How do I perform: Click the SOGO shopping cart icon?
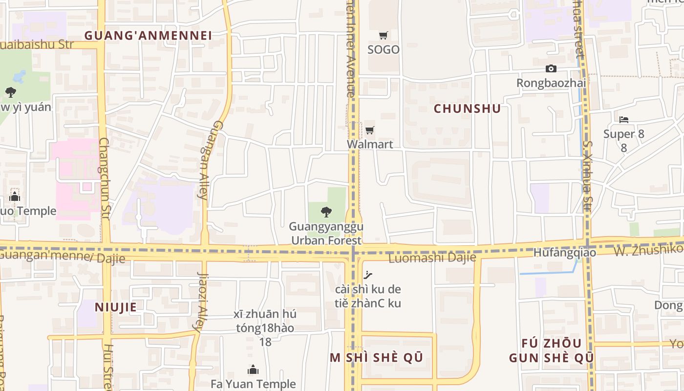[384, 35]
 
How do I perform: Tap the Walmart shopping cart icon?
[370, 130]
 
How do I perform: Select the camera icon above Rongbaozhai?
[551, 69]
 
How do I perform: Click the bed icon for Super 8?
[624, 119]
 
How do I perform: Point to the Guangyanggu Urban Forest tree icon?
[326, 212]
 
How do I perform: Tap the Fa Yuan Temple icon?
[253, 369]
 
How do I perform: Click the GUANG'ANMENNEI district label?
[148, 36]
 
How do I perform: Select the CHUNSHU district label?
[467, 109]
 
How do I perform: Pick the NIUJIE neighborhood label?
[116, 307]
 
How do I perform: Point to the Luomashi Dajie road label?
[432, 258]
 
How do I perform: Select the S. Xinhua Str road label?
[587, 176]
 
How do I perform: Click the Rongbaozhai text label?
[551, 83]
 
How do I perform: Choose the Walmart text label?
[370, 144]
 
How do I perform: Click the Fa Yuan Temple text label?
[253, 384]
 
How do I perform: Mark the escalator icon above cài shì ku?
[368, 275]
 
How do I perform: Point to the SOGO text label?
[384, 49]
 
